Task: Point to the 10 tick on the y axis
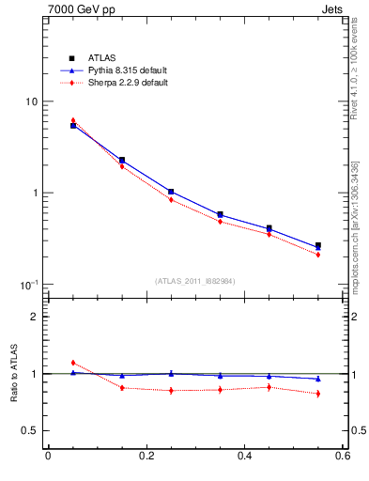tap(30, 101)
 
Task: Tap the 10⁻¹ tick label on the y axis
tap(28, 284)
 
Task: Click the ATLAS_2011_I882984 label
tap(195, 281)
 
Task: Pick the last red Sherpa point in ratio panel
tap(318, 394)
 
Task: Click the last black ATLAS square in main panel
tap(318, 246)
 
